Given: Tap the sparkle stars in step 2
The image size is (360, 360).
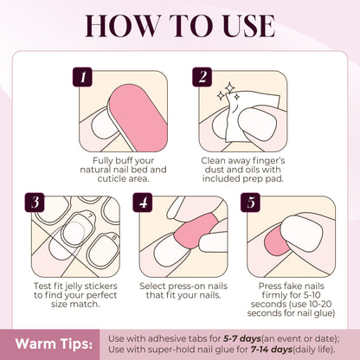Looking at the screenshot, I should (231, 89).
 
